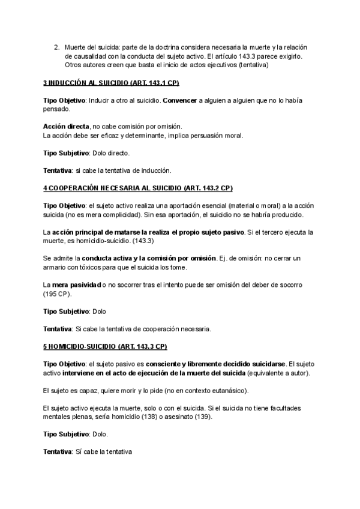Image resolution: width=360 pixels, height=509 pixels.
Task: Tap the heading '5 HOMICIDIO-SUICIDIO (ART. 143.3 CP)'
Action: (x=105, y=346)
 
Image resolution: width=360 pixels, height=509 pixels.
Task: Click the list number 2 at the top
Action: (x=56, y=46)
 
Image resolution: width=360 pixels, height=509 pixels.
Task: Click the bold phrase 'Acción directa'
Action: (x=65, y=126)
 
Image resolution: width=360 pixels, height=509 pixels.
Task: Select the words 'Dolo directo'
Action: (x=110, y=153)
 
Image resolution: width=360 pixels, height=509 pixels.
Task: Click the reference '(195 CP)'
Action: (x=57, y=294)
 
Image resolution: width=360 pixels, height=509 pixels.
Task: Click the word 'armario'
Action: (x=56, y=267)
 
